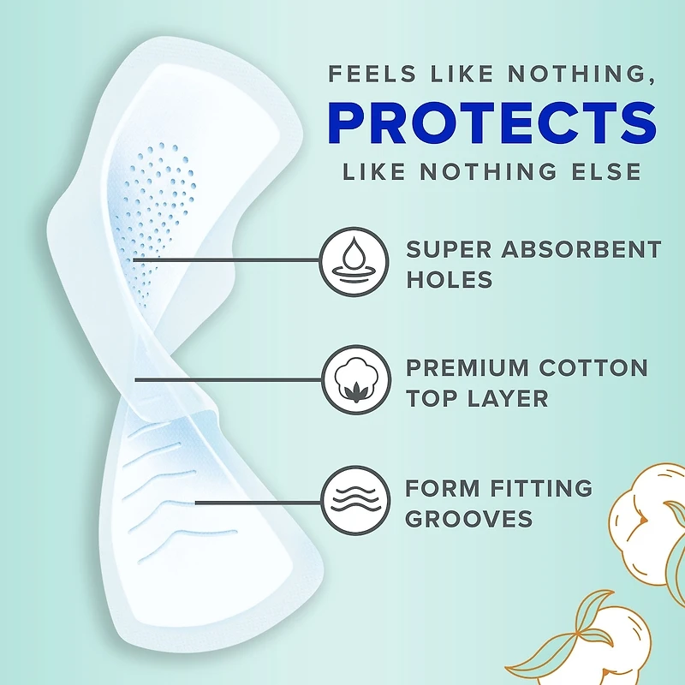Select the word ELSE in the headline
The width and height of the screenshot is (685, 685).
[605, 170]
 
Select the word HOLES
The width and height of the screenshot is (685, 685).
[450, 279]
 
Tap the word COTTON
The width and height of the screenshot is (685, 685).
[593, 368]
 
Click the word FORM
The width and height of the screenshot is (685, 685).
[442, 489]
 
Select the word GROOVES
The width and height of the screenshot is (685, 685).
[469, 519]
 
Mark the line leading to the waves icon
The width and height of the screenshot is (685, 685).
[257, 501]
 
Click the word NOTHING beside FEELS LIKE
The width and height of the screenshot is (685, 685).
[556, 74]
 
